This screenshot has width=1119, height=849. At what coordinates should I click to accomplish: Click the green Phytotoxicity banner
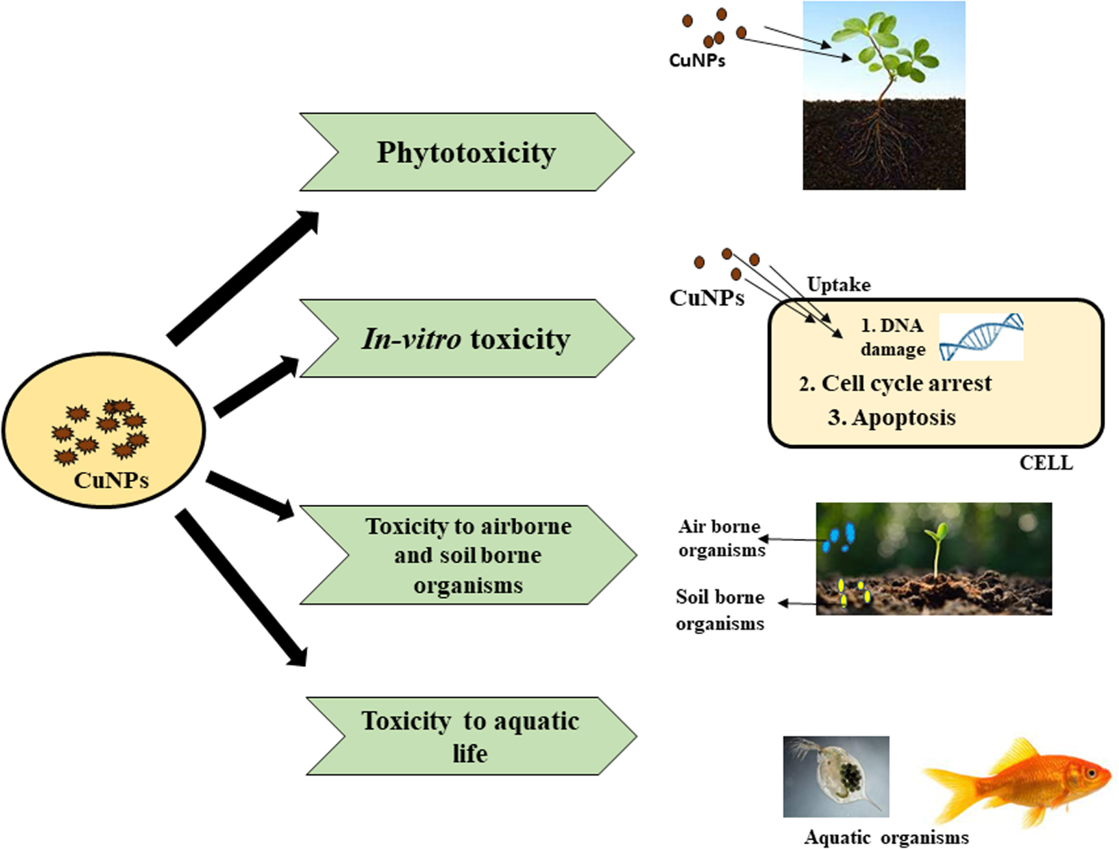point(466,152)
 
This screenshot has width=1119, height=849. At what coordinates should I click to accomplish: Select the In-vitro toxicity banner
point(466,339)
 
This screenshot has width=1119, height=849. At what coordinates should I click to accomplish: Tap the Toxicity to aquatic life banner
point(470,736)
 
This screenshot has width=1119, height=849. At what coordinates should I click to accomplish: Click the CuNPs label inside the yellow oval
point(111,480)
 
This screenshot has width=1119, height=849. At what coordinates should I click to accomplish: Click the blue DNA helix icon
point(981,336)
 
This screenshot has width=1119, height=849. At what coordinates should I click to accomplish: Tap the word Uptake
point(839,285)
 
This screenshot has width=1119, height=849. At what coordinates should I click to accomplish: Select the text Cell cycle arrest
point(895,384)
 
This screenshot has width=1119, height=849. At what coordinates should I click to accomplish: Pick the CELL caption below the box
point(1046,463)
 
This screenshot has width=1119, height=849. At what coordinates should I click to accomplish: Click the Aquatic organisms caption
point(886,837)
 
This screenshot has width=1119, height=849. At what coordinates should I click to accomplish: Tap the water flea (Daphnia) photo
point(836,776)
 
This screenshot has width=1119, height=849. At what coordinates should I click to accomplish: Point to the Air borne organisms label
point(721,538)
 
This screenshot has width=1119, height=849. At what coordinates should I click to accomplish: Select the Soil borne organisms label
point(720,610)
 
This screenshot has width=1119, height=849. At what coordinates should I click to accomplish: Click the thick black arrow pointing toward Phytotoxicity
point(243,277)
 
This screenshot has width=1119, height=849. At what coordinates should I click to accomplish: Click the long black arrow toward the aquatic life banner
point(241,587)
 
